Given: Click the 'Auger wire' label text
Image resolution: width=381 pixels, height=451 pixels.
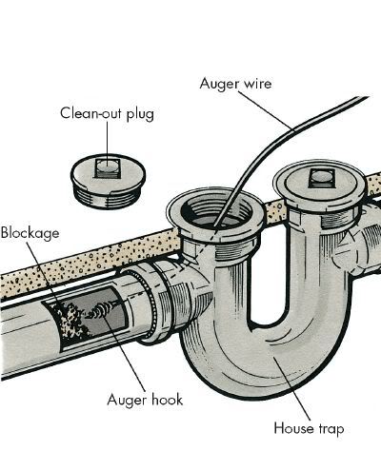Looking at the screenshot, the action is click(x=235, y=84).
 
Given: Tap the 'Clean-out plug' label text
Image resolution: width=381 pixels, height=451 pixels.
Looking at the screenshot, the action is click(x=108, y=113).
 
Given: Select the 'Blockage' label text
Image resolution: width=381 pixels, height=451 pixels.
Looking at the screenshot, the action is click(x=30, y=233).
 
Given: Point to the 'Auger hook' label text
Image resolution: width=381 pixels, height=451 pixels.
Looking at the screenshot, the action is click(x=145, y=400).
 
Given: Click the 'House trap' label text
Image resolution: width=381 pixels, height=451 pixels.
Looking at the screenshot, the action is click(x=309, y=428).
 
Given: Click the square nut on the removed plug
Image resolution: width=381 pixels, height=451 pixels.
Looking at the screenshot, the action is click(x=107, y=167).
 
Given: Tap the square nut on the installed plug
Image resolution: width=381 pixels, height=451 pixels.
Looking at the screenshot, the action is click(x=321, y=178).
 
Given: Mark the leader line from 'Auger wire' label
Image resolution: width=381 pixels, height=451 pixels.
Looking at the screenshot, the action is click(x=265, y=110).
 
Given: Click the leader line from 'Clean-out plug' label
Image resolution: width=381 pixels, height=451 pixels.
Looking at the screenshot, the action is click(x=107, y=144).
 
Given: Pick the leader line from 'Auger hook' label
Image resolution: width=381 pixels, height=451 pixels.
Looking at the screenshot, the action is click(x=125, y=354).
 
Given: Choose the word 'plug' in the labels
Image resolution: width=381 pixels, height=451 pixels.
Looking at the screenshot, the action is click(x=140, y=115).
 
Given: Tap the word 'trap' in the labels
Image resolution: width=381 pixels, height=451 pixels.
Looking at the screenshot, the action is click(x=330, y=429).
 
